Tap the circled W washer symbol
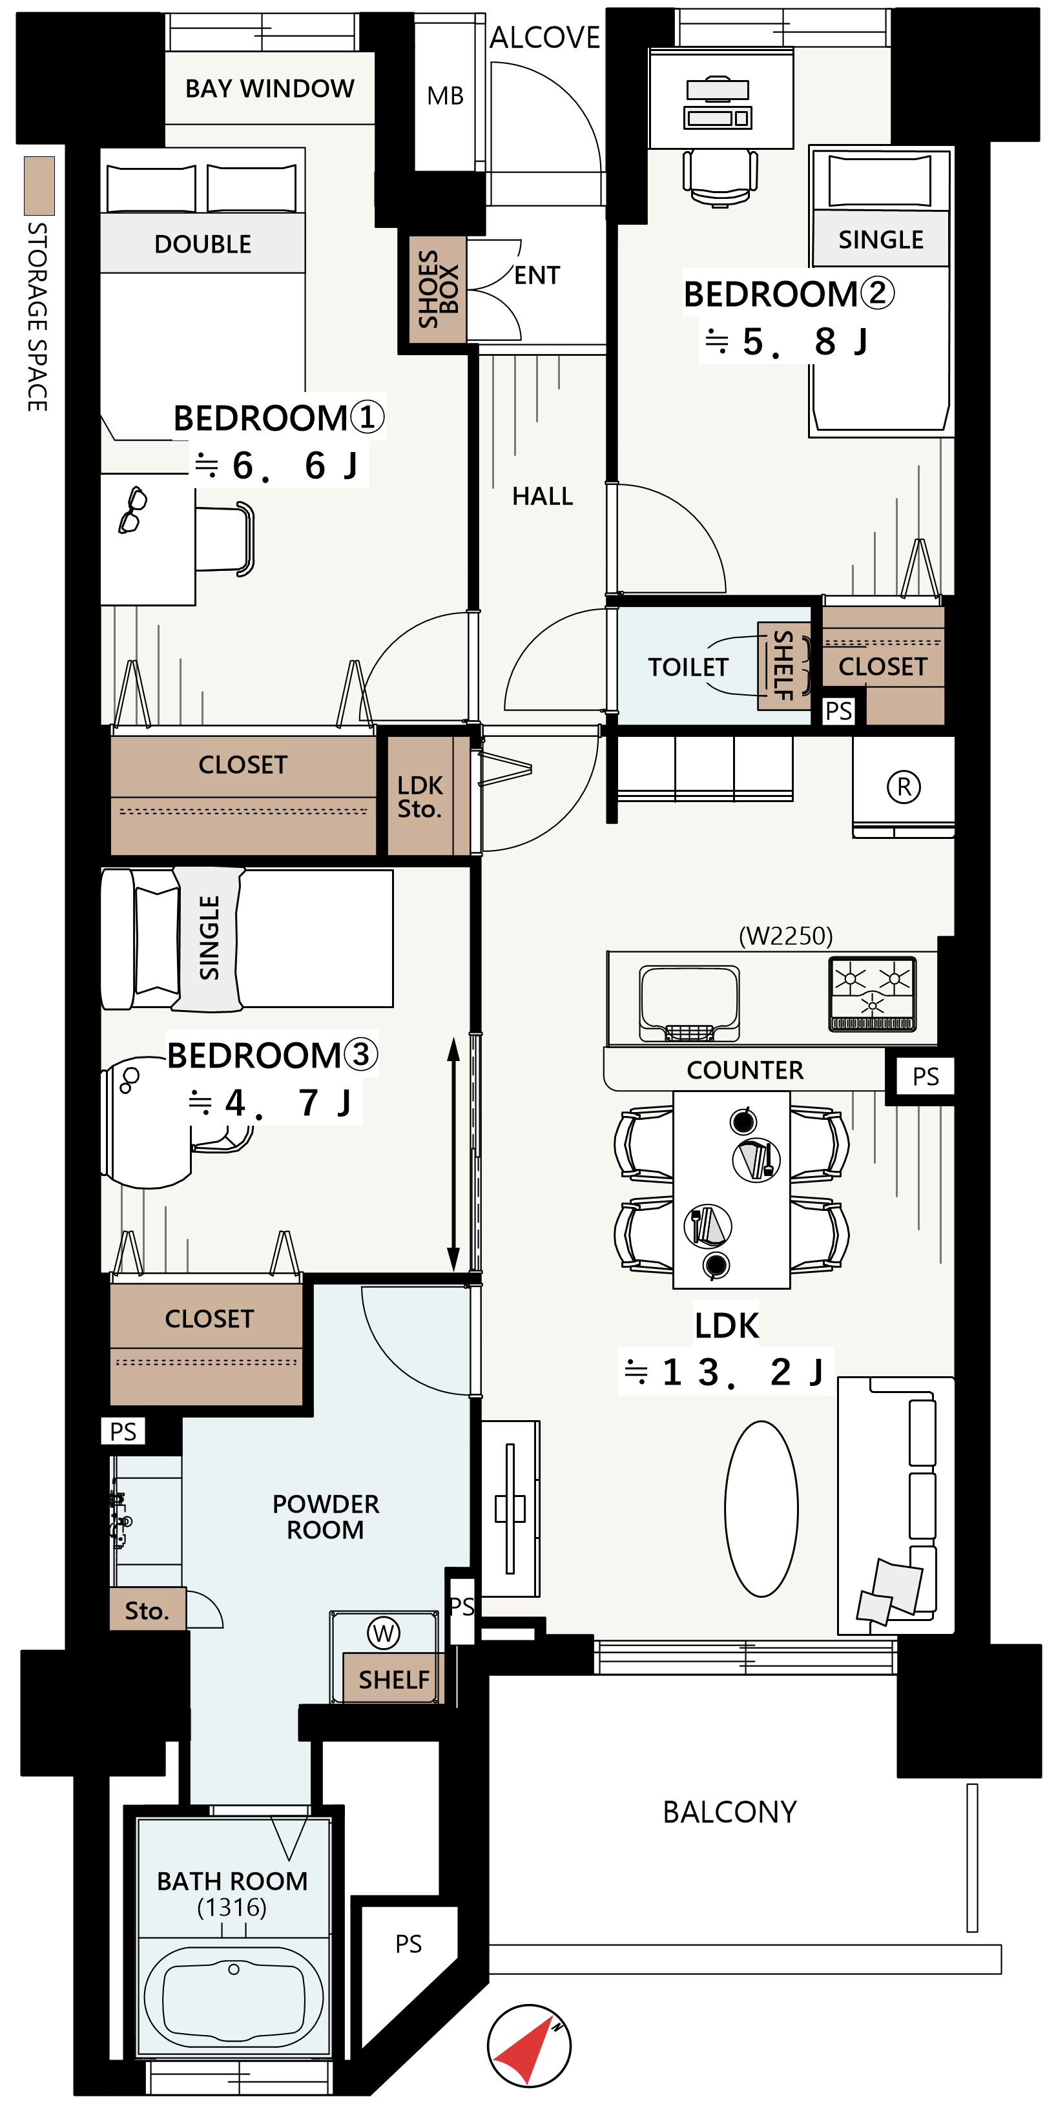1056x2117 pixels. pyautogui.click(x=384, y=1633)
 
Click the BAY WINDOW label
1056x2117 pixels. pyautogui.click(x=269, y=88)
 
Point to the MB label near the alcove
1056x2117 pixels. pyautogui.click(x=446, y=96)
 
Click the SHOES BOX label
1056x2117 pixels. pyautogui.click(x=438, y=289)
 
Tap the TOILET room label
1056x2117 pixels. pyautogui.click(x=688, y=666)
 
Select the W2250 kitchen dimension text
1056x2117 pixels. pyautogui.click(x=785, y=936)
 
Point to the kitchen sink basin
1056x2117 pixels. pyautogui.click(x=690, y=1001)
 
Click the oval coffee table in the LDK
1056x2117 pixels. pyautogui.click(x=761, y=1509)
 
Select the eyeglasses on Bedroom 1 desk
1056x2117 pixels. pyautogui.click(x=132, y=510)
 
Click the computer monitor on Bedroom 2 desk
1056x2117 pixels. pyautogui.click(x=718, y=90)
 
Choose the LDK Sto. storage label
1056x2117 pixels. pyautogui.click(x=420, y=796)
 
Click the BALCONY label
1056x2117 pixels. pyautogui.click(x=730, y=1812)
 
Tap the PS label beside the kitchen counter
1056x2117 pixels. pyautogui.click(x=926, y=1077)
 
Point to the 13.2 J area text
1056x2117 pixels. pyautogui.click(x=724, y=1372)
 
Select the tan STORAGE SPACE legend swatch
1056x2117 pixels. pyautogui.click(x=39, y=186)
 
